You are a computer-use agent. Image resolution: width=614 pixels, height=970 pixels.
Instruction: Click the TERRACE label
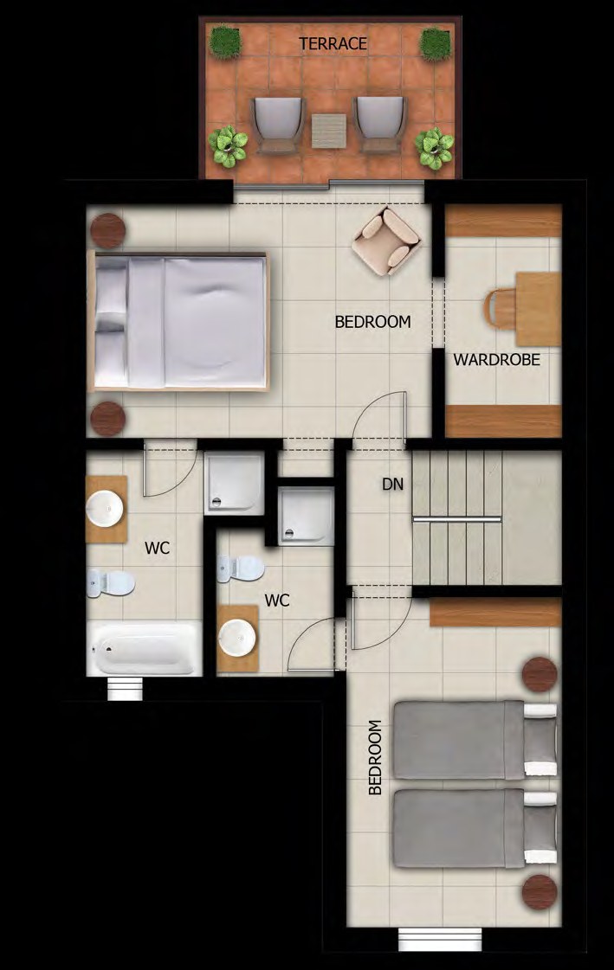(333, 44)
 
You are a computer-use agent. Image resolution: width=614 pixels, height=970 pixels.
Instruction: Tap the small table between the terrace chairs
(329, 132)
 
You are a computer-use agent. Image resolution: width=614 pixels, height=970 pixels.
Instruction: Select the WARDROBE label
(496, 359)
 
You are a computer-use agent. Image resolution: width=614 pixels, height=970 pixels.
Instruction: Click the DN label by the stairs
(392, 484)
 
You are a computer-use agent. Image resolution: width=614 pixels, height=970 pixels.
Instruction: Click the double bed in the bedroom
(179, 321)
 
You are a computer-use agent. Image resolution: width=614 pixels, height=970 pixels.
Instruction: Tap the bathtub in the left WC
(145, 649)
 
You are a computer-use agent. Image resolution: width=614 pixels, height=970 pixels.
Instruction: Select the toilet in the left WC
(111, 582)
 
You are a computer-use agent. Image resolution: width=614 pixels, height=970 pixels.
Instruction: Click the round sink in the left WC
(105, 509)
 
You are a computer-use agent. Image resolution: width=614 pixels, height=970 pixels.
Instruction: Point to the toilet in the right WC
(241, 569)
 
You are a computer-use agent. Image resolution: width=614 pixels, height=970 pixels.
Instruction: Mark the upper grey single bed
(475, 739)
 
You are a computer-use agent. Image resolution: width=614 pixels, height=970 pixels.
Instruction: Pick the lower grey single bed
(475, 828)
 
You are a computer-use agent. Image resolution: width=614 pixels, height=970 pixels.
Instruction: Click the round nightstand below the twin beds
(540, 892)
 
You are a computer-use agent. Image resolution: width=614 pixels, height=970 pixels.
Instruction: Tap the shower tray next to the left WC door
(234, 483)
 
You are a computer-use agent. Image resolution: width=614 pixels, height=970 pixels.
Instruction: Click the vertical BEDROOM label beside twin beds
(374, 757)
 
